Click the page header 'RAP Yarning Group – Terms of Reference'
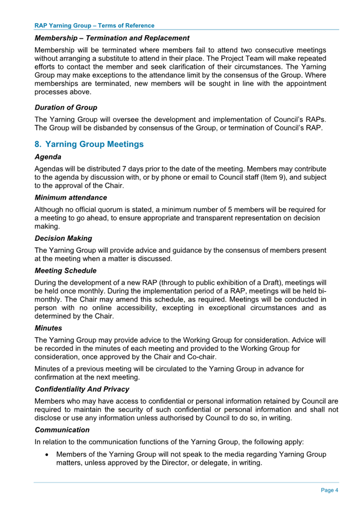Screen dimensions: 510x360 tap(95, 25)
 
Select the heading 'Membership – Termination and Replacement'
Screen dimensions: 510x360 tap(112, 38)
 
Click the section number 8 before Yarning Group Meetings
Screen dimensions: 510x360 tap(38, 144)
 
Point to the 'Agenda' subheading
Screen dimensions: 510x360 tap(48, 157)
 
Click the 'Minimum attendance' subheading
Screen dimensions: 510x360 tap(71, 198)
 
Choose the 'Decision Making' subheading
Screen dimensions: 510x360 tap(63, 238)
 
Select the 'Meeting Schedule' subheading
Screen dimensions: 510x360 tap(66, 271)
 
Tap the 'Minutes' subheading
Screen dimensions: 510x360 tap(49, 328)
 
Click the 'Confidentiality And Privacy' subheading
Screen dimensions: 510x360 tap(82, 389)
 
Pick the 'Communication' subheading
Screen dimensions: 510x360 tap(62, 429)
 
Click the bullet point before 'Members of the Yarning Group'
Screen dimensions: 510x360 tap(46, 455)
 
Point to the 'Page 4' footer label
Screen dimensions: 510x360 tap(330, 490)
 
